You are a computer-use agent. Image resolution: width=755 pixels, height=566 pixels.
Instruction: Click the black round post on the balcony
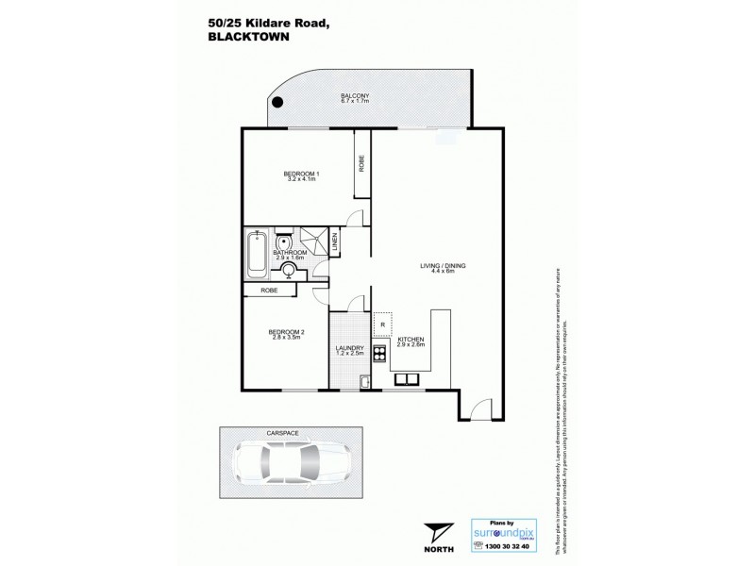coord(276,104)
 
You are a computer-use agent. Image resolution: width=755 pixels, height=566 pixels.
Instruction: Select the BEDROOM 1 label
coord(302,173)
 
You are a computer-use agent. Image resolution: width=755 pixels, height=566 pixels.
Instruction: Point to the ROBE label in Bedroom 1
coord(361,162)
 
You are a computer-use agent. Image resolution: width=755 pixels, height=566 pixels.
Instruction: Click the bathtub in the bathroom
coord(257,254)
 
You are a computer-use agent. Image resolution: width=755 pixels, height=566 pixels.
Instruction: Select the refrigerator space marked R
coord(383,324)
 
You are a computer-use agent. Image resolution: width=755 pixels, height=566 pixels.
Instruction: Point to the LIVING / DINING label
coord(443,267)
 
